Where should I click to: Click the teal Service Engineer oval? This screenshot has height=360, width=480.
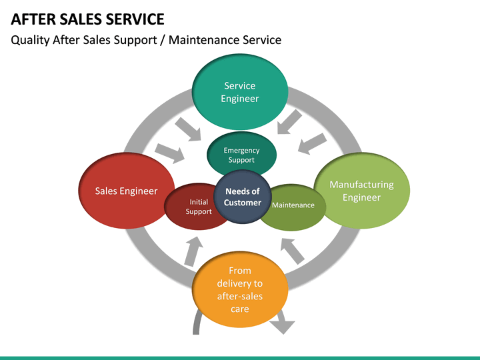[x=240, y=92]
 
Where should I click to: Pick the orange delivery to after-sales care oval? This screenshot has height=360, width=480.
[x=240, y=290]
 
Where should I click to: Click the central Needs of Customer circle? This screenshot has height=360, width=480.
[x=243, y=197]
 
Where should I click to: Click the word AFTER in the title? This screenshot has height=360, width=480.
[x=34, y=19]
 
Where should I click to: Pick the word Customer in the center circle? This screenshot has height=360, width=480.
[x=243, y=203]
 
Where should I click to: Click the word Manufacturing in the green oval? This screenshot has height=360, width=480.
[x=361, y=185]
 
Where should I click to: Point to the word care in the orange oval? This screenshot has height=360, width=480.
[x=240, y=309]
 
